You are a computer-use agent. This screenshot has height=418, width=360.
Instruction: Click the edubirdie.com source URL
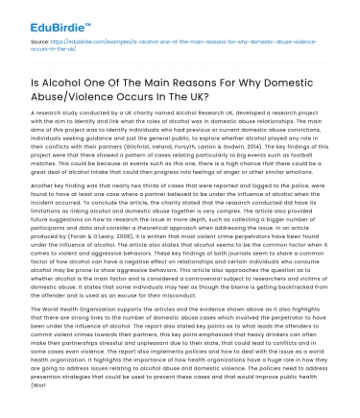(x=173, y=42)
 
